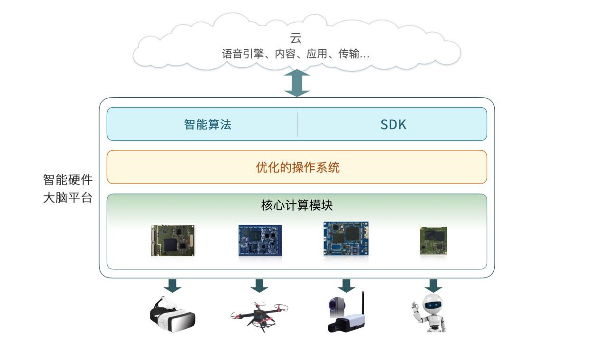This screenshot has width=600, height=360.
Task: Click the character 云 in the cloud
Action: (x=296, y=38)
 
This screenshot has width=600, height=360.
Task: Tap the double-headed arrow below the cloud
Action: (x=297, y=83)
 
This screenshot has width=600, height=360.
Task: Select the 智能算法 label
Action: (x=208, y=125)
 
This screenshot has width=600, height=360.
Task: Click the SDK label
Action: (x=393, y=125)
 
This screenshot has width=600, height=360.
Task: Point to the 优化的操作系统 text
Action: (x=297, y=167)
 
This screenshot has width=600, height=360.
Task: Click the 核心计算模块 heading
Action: (x=297, y=205)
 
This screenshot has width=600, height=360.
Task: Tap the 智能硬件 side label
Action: (x=68, y=180)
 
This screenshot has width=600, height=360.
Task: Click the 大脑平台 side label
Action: (x=68, y=198)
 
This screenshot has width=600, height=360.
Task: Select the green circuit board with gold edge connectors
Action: (x=173, y=240)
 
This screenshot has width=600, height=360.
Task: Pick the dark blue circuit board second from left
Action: (x=260, y=240)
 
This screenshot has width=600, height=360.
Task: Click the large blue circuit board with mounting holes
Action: (x=346, y=239)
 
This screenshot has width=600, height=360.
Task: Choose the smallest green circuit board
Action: (x=433, y=240)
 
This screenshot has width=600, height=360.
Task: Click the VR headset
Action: (x=172, y=315)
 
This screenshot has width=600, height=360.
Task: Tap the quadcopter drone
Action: (x=259, y=315)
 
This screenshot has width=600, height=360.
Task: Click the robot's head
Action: (x=432, y=304)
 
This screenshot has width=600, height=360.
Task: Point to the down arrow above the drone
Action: (x=259, y=286)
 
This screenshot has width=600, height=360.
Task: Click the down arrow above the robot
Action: (x=433, y=286)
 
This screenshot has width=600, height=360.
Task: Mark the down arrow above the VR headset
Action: (x=173, y=286)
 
